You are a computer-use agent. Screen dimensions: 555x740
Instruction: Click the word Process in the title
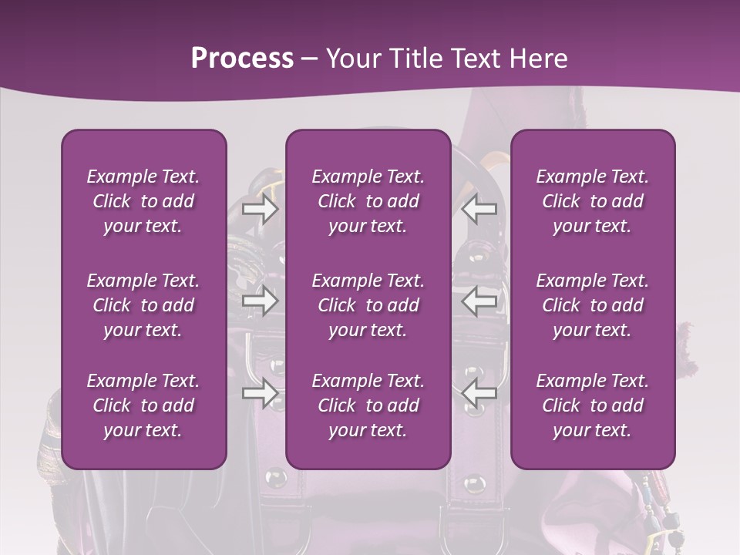coord(242,59)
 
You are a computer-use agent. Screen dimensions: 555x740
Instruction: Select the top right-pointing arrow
coord(260,209)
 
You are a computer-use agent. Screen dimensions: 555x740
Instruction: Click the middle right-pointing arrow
coord(260,301)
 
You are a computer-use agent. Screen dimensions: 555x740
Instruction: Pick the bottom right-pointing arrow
coord(260,393)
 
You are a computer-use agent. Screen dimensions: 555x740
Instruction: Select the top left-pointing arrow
coord(479,209)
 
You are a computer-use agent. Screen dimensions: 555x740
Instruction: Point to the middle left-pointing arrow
coord(479,301)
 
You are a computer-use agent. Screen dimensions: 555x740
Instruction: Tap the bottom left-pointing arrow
coord(479,393)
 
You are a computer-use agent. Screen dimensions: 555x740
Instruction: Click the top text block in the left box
coord(143,201)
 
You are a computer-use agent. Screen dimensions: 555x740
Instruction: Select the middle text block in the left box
coord(143,305)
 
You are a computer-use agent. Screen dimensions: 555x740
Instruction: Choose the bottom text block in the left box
coord(143,405)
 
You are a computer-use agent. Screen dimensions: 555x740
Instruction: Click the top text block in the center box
coord(368,201)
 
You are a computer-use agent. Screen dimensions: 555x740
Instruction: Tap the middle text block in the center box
coord(368,305)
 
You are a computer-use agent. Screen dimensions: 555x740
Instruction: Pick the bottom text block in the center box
coord(368,405)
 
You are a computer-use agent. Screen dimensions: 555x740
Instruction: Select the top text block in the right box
coord(592,201)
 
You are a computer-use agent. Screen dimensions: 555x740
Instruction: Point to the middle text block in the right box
coord(592,305)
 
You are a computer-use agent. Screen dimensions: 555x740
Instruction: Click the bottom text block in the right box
coord(592,405)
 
